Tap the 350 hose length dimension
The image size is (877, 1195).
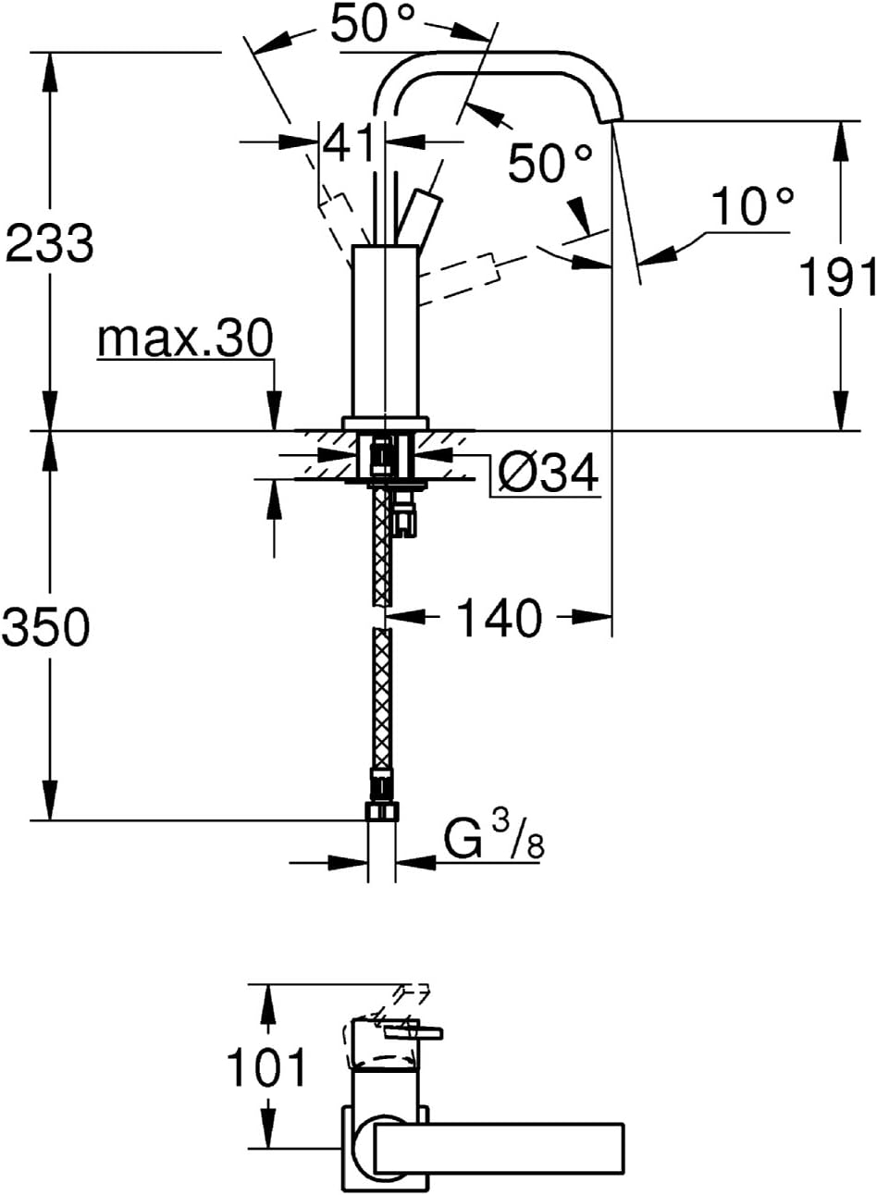[x=45, y=626]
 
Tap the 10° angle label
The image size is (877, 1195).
[x=752, y=204]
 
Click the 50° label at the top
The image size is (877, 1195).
[x=372, y=22]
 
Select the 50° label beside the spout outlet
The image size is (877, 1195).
[x=550, y=162]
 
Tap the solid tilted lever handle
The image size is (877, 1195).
[x=419, y=217]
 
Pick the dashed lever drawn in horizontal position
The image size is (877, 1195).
[x=461, y=280]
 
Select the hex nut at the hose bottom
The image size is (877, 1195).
[x=382, y=811]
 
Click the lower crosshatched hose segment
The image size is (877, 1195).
[x=382, y=698]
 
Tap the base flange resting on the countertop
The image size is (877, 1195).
[x=385, y=422]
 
